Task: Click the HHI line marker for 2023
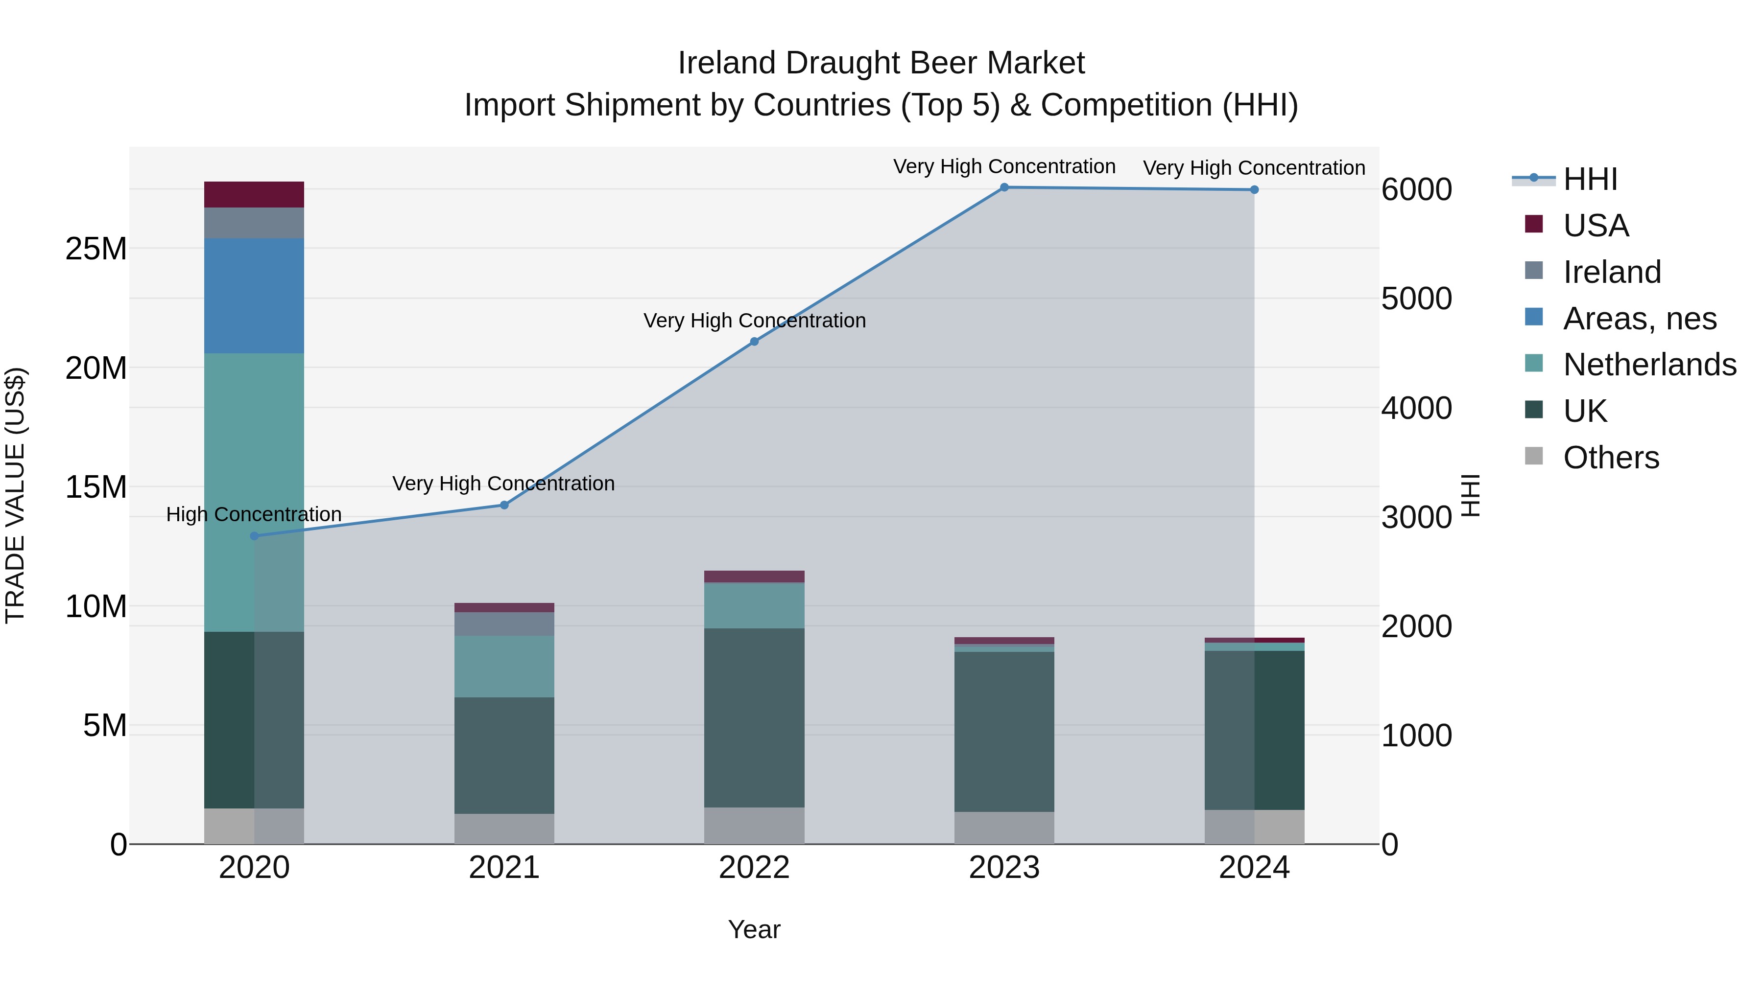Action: pos(1004,187)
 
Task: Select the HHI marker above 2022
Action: pos(754,341)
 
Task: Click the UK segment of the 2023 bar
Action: pos(1004,732)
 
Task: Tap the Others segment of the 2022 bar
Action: pos(754,826)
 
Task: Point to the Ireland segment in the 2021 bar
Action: pos(504,624)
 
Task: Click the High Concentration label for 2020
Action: pos(254,514)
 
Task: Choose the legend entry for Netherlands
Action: pos(1649,365)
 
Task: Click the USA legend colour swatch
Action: pos(1534,224)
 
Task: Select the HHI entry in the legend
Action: pos(1590,179)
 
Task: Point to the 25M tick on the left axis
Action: pos(96,249)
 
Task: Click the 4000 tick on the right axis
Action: pos(1416,408)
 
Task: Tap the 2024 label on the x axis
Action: pos(1254,868)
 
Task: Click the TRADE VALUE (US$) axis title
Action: pos(15,495)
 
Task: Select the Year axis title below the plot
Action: pos(754,929)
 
